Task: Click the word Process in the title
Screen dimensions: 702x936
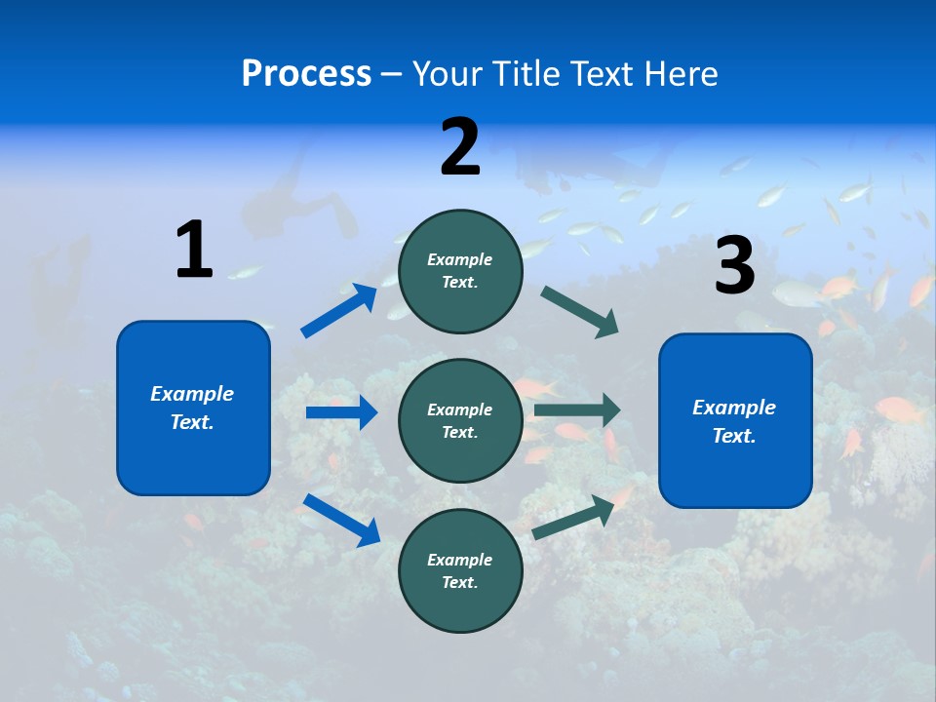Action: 306,74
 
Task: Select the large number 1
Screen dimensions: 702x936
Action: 194,250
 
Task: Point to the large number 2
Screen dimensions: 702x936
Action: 460,147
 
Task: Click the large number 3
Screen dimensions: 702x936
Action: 735,265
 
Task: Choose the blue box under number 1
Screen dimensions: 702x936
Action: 193,408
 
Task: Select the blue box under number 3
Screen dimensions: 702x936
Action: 735,420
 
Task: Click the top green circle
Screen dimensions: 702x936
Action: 460,271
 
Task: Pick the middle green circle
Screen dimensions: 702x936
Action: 460,420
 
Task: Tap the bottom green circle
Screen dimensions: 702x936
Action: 460,570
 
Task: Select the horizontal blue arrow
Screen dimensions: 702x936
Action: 341,412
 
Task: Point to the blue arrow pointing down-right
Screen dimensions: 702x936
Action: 342,520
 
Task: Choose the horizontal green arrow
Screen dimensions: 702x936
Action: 577,409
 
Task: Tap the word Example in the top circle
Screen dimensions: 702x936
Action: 460,259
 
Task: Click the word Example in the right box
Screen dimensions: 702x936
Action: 734,408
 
